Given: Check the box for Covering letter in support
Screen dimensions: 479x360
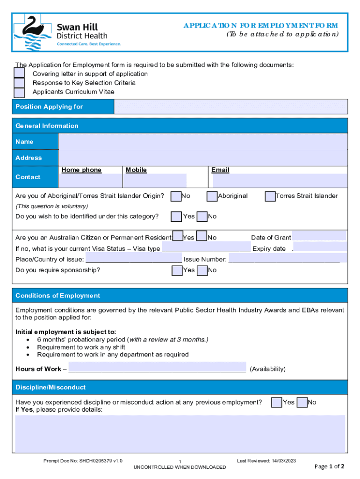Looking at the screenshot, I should (x=19, y=73).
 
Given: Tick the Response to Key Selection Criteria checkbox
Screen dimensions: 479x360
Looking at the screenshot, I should (x=19, y=83).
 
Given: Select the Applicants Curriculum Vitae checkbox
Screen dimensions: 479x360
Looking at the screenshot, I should (x=19, y=92).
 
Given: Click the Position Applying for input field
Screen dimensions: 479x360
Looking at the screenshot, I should (x=230, y=107).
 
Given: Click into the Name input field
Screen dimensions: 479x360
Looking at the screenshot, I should (x=202, y=142).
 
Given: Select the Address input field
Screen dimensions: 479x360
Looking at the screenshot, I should (x=202, y=158).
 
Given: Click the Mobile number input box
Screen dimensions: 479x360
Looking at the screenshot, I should (x=155, y=180).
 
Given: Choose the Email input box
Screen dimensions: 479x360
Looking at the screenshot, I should (x=280, y=180).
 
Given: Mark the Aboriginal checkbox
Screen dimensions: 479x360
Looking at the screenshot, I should (x=212, y=196).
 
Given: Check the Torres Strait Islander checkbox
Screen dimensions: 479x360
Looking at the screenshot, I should (x=270, y=196).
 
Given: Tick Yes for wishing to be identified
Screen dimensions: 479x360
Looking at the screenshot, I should (x=176, y=216).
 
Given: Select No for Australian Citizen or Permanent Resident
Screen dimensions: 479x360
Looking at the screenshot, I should (x=202, y=237).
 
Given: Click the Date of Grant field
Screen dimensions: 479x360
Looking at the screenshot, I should (x=319, y=236).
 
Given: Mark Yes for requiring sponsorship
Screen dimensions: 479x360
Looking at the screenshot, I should (x=177, y=270).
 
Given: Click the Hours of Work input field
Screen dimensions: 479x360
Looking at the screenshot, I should (x=157, y=367).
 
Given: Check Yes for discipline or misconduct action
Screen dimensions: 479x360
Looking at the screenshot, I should (x=277, y=402).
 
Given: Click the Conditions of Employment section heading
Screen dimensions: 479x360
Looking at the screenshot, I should (x=58, y=296).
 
